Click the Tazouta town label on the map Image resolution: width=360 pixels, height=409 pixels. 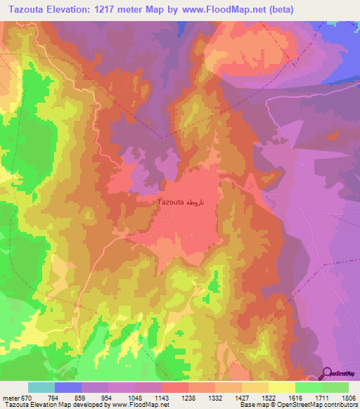tap(170, 202)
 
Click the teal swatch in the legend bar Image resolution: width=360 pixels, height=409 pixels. tap(41, 387)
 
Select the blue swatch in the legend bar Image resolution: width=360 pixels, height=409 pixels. tap(67, 387)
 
